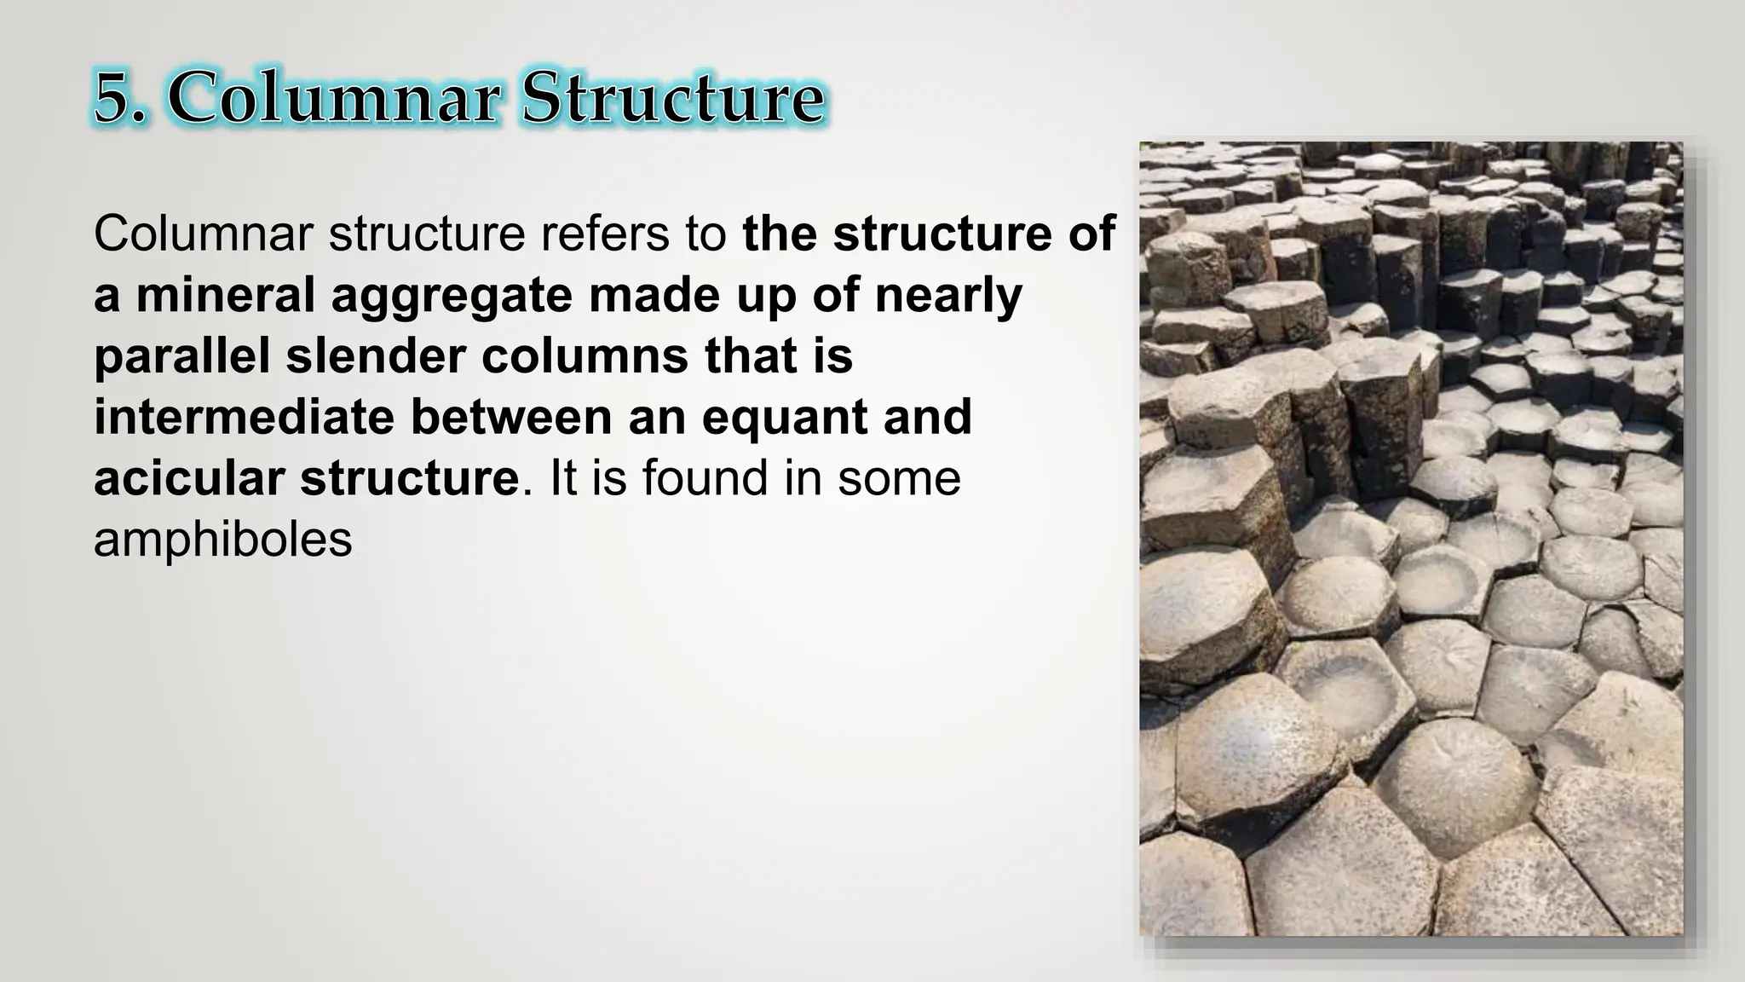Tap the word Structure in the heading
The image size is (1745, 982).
[x=671, y=101]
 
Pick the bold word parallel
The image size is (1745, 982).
[x=182, y=356]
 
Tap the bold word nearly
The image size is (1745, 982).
[x=948, y=297]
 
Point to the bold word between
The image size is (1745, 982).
[x=512, y=418]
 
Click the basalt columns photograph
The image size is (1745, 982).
[x=1411, y=539]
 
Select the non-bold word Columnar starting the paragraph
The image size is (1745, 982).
[x=204, y=234]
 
